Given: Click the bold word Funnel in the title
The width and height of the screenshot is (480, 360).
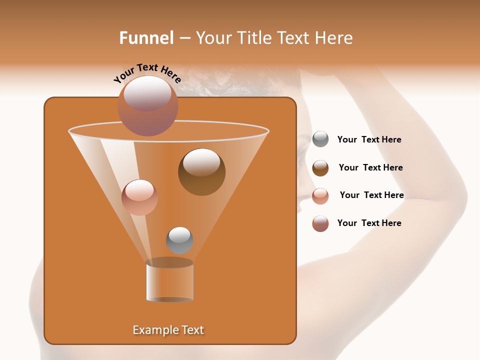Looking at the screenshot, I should (146, 38).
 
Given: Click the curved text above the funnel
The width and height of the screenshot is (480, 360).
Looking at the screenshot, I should (147, 73).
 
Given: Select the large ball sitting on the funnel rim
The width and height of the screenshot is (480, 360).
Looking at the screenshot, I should (147, 105).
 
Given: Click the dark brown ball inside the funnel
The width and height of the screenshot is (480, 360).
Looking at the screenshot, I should (201, 171).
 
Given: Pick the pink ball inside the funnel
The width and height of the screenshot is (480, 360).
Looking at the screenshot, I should (139, 197).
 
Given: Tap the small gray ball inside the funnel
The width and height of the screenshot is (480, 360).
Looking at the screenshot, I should (179, 240).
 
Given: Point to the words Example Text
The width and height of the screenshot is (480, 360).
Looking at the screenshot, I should (168, 330).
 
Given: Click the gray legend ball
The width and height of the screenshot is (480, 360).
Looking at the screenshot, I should (320, 139).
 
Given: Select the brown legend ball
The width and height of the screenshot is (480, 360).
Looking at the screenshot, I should (320, 168).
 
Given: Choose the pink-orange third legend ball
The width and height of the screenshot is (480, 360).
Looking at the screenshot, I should (320, 196).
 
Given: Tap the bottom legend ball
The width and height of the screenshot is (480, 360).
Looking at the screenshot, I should (320, 223).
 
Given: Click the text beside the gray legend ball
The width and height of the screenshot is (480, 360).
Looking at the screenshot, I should (369, 140).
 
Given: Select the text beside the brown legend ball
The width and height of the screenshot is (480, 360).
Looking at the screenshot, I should (370, 168).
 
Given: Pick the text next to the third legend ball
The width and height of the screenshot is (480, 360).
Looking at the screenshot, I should (371, 195).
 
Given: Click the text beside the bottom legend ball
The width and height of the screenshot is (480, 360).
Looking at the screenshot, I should (369, 223).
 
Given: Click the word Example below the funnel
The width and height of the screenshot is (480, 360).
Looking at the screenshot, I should (152, 330).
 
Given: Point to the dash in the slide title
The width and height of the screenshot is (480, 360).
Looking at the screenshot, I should (184, 38).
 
